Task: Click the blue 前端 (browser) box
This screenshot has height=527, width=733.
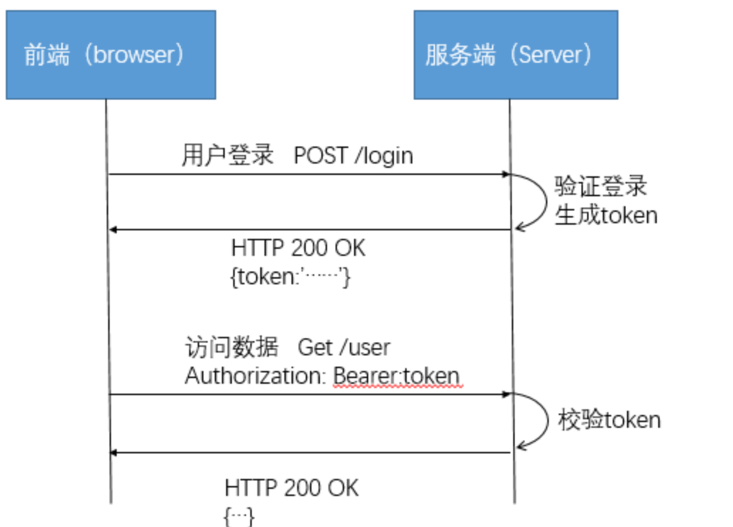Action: click(111, 55)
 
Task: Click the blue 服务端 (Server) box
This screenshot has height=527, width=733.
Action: click(516, 55)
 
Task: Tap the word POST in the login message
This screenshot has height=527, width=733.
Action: click(321, 155)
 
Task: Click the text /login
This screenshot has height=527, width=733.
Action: click(384, 156)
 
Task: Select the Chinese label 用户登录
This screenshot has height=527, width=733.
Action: click(227, 155)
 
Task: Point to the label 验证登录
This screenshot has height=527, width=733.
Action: click(600, 186)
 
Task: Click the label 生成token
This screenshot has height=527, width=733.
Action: click(606, 215)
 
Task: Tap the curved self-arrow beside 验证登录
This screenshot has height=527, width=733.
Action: click(543, 201)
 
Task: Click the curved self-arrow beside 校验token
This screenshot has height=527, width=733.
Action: click(544, 420)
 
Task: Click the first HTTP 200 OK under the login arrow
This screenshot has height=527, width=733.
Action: click(298, 248)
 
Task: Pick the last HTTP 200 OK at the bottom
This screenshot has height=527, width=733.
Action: click(291, 488)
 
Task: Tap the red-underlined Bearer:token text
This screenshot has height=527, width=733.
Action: click(396, 376)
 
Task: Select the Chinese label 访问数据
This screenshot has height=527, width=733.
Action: click(231, 347)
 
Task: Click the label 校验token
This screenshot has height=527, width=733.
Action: click(609, 420)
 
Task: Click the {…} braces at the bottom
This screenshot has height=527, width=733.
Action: click(239, 516)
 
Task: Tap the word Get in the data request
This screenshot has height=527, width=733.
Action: click(315, 347)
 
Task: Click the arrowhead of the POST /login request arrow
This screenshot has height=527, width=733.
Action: click(506, 174)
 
